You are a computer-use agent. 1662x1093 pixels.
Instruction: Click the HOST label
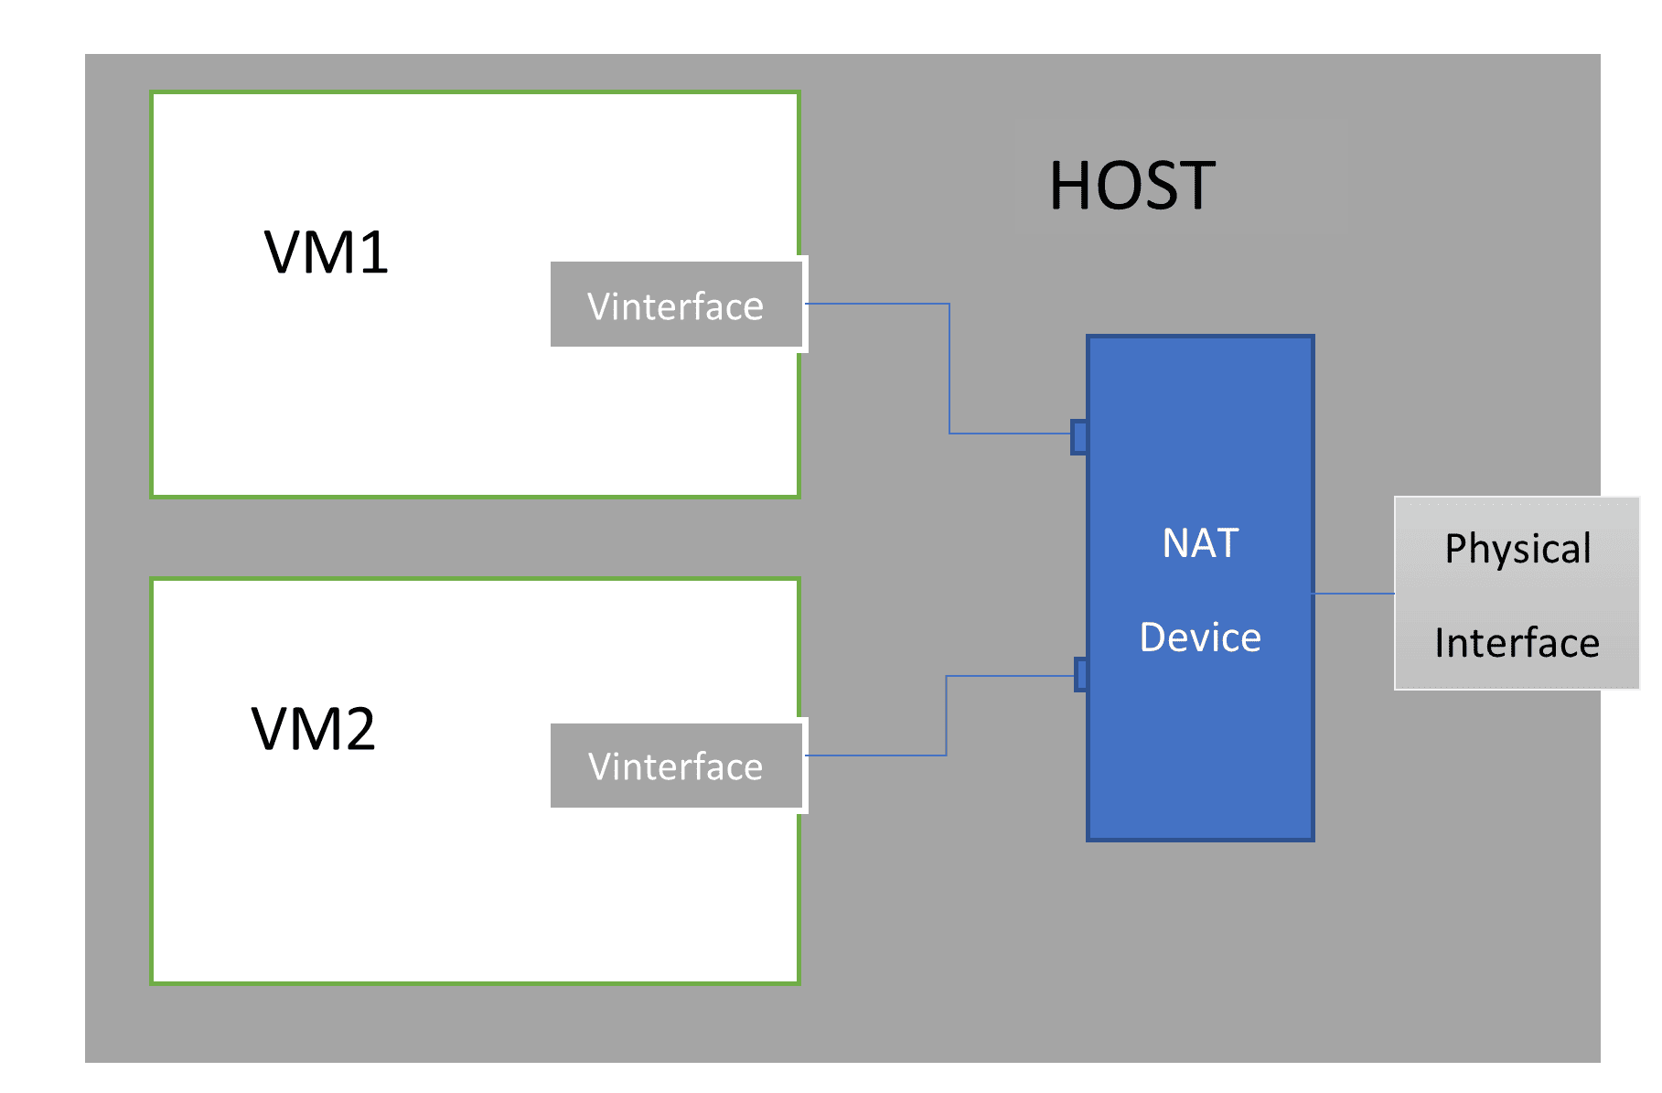[x=1131, y=187]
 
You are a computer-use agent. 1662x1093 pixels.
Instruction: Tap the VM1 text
[x=327, y=252]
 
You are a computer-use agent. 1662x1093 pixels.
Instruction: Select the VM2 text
[x=314, y=730]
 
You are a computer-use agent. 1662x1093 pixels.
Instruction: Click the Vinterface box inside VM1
[x=676, y=305]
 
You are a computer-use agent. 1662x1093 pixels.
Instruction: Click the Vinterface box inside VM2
[x=676, y=766]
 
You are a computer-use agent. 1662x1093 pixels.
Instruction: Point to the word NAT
[x=1200, y=543]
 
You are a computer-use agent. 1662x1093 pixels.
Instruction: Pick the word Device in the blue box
[x=1200, y=638]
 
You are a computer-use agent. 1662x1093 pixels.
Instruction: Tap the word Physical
[x=1517, y=549]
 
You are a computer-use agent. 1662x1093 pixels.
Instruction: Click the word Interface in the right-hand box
[x=1517, y=643]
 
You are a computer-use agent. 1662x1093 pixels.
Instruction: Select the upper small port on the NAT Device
[x=1079, y=437]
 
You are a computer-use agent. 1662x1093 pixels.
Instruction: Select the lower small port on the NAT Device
[x=1081, y=675]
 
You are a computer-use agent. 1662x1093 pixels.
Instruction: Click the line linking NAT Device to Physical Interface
[x=1354, y=594]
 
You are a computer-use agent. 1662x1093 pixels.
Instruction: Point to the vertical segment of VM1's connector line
[x=949, y=369]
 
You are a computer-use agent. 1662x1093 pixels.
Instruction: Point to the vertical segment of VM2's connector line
[x=946, y=715]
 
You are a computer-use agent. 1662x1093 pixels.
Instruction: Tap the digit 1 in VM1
[x=374, y=253]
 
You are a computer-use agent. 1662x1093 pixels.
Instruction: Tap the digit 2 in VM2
[x=358, y=730]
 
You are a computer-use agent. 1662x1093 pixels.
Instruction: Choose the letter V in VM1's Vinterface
[x=600, y=306]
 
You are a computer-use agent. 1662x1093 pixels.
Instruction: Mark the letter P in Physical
[x=1456, y=548]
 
